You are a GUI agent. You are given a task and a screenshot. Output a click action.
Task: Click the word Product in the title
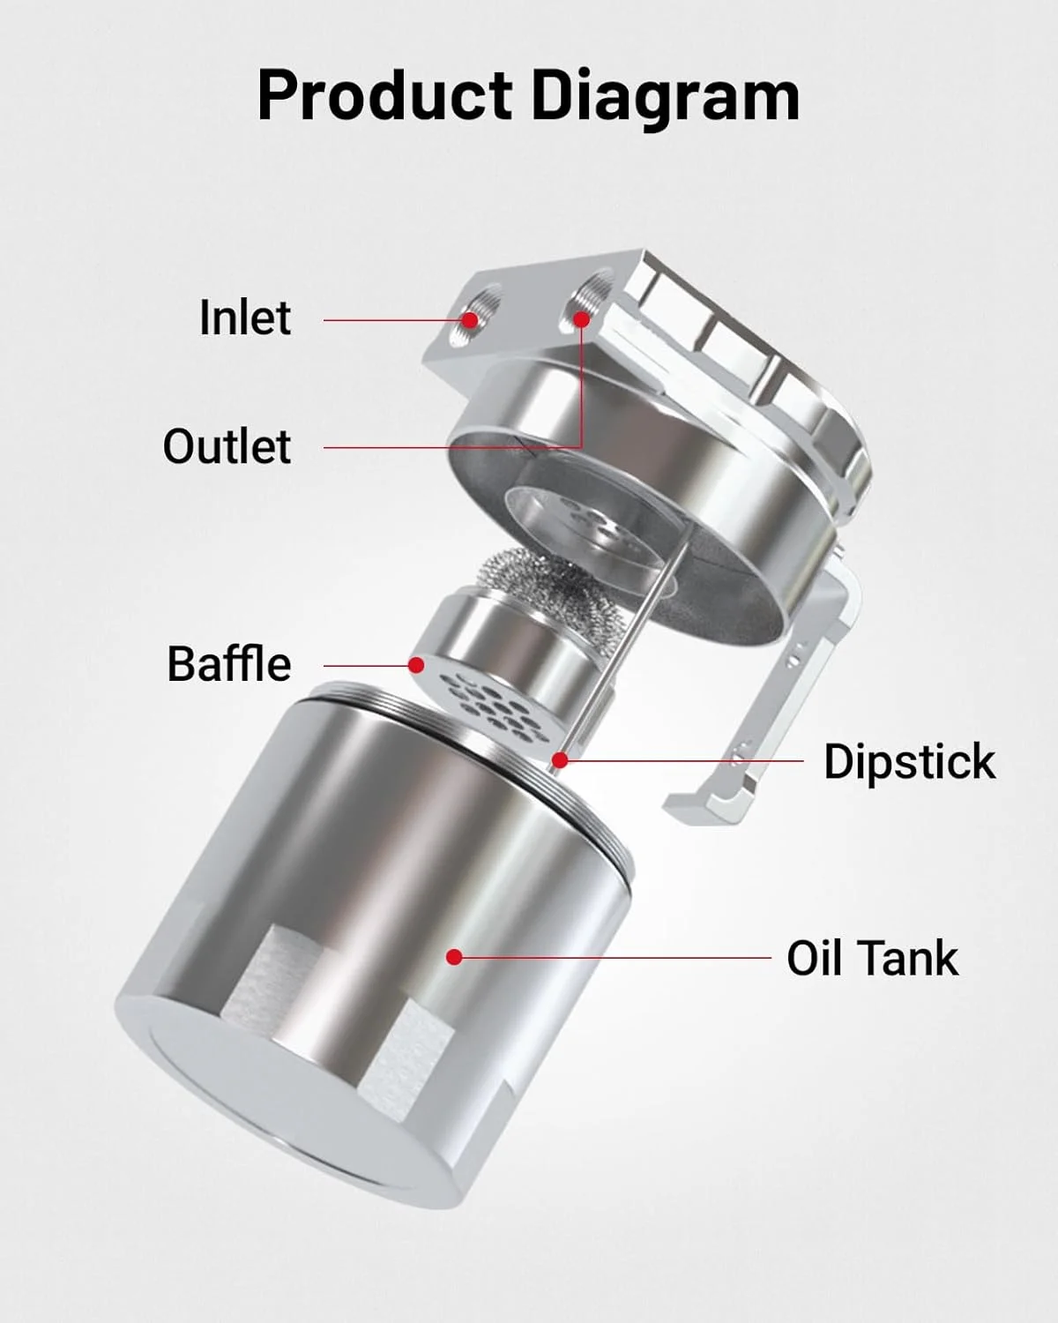coord(384,95)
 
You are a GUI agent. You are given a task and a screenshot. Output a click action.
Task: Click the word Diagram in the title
coord(666,99)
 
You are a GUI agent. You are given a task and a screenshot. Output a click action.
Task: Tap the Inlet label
coord(245,318)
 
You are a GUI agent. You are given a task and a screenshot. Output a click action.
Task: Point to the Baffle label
coord(228,664)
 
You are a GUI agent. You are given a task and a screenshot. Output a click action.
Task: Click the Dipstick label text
coord(910,763)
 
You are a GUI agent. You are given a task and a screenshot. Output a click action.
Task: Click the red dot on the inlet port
coord(470,319)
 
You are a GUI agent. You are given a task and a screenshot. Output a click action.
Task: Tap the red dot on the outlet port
coord(582,319)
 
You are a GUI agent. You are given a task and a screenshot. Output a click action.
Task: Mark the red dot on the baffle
coord(416,664)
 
